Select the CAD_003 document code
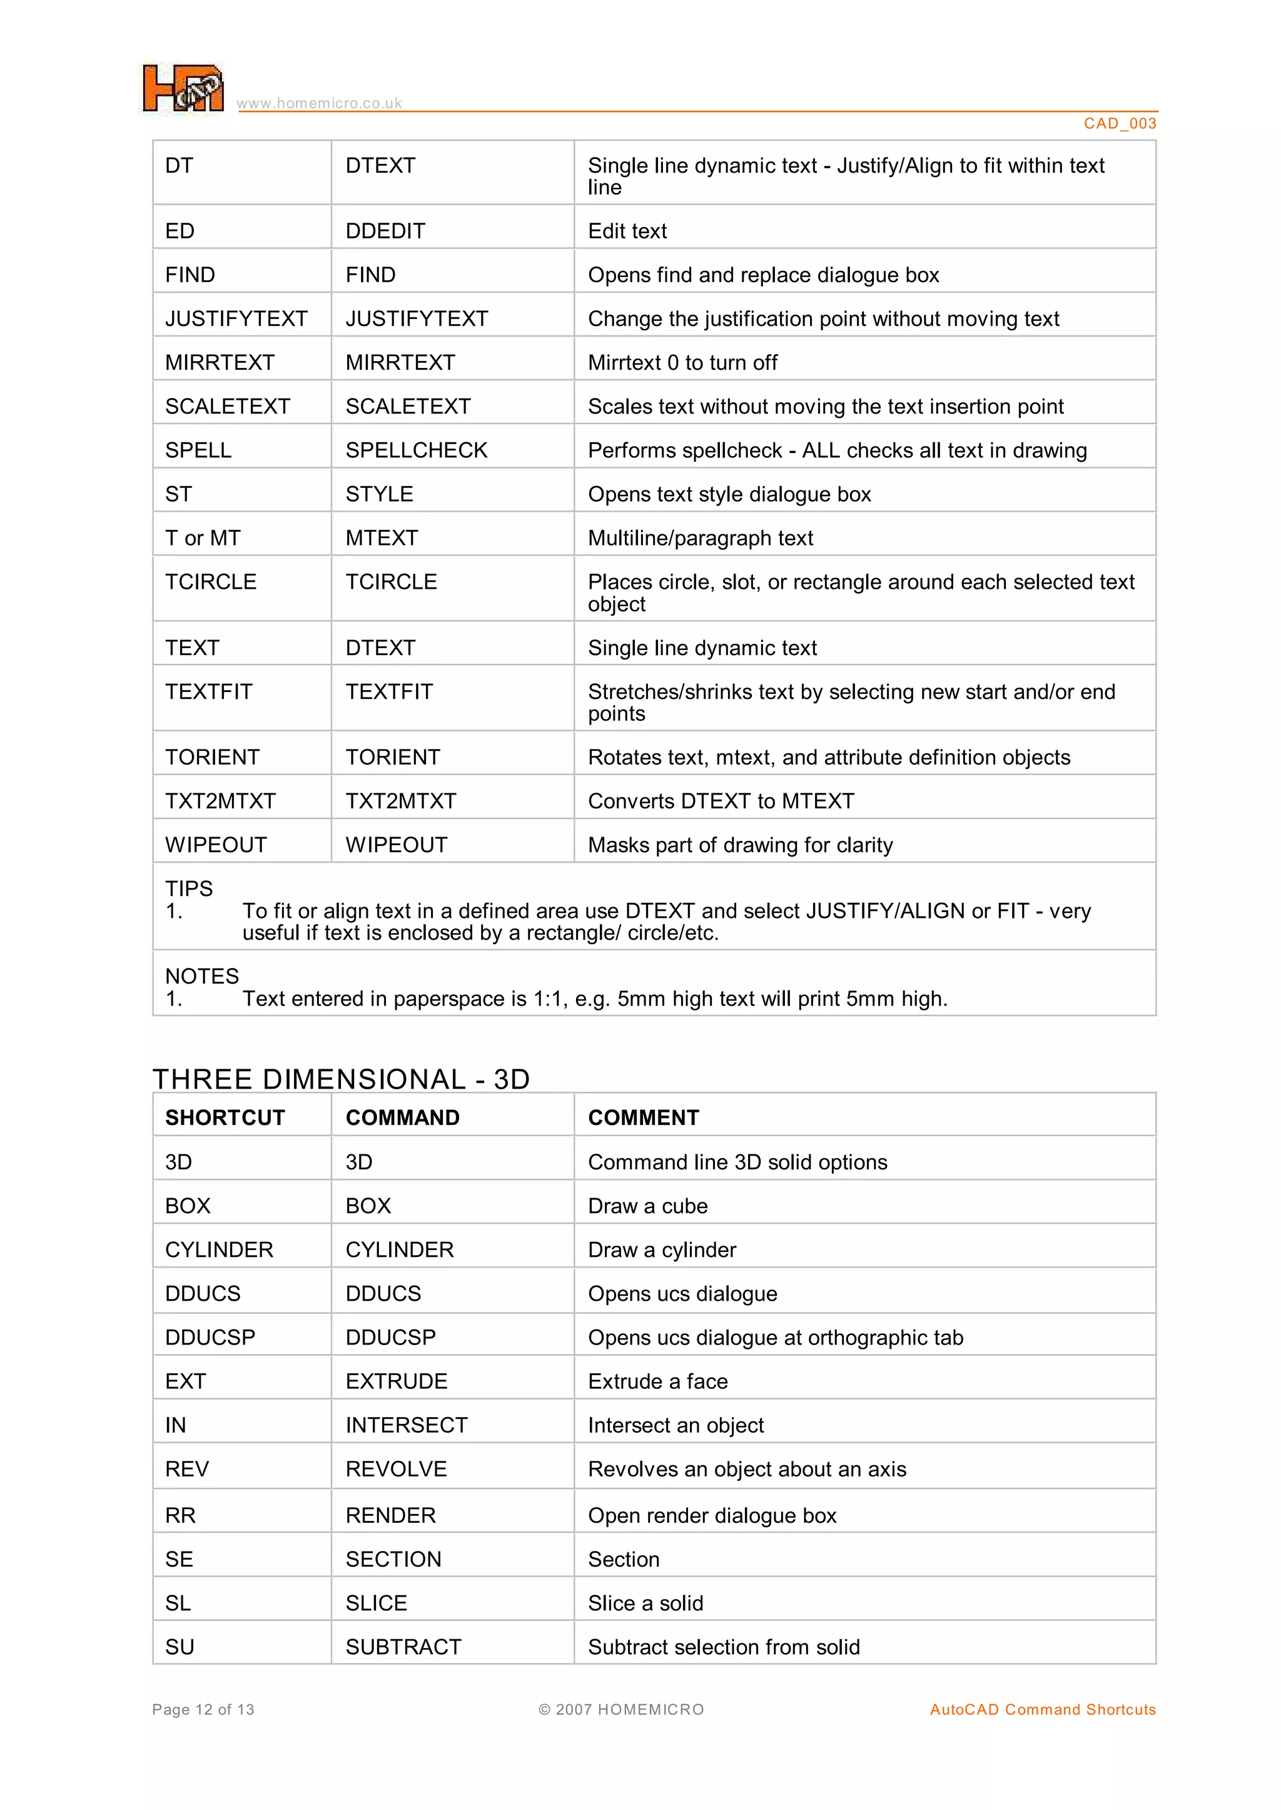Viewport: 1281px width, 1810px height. (1119, 123)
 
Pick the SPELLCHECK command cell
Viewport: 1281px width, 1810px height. (417, 450)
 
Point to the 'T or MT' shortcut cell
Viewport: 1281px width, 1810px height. (203, 538)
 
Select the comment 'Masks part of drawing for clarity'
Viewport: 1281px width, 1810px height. (740, 845)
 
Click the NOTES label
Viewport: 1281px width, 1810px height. (201, 976)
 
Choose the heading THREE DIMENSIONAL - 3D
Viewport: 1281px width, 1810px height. (341, 1079)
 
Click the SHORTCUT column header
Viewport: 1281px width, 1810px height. (225, 1117)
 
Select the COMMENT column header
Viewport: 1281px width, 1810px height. (643, 1117)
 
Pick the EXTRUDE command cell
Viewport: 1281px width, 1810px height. (396, 1381)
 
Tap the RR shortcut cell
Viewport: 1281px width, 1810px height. (180, 1516)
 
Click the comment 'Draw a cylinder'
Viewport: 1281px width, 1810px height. (661, 1250)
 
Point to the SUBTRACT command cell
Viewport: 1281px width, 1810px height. (403, 1647)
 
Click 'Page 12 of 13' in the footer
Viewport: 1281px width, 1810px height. (203, 1710)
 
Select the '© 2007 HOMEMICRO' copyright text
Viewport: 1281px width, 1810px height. (620, 1710)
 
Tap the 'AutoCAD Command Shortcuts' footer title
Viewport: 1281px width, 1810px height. (1042, 1710)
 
